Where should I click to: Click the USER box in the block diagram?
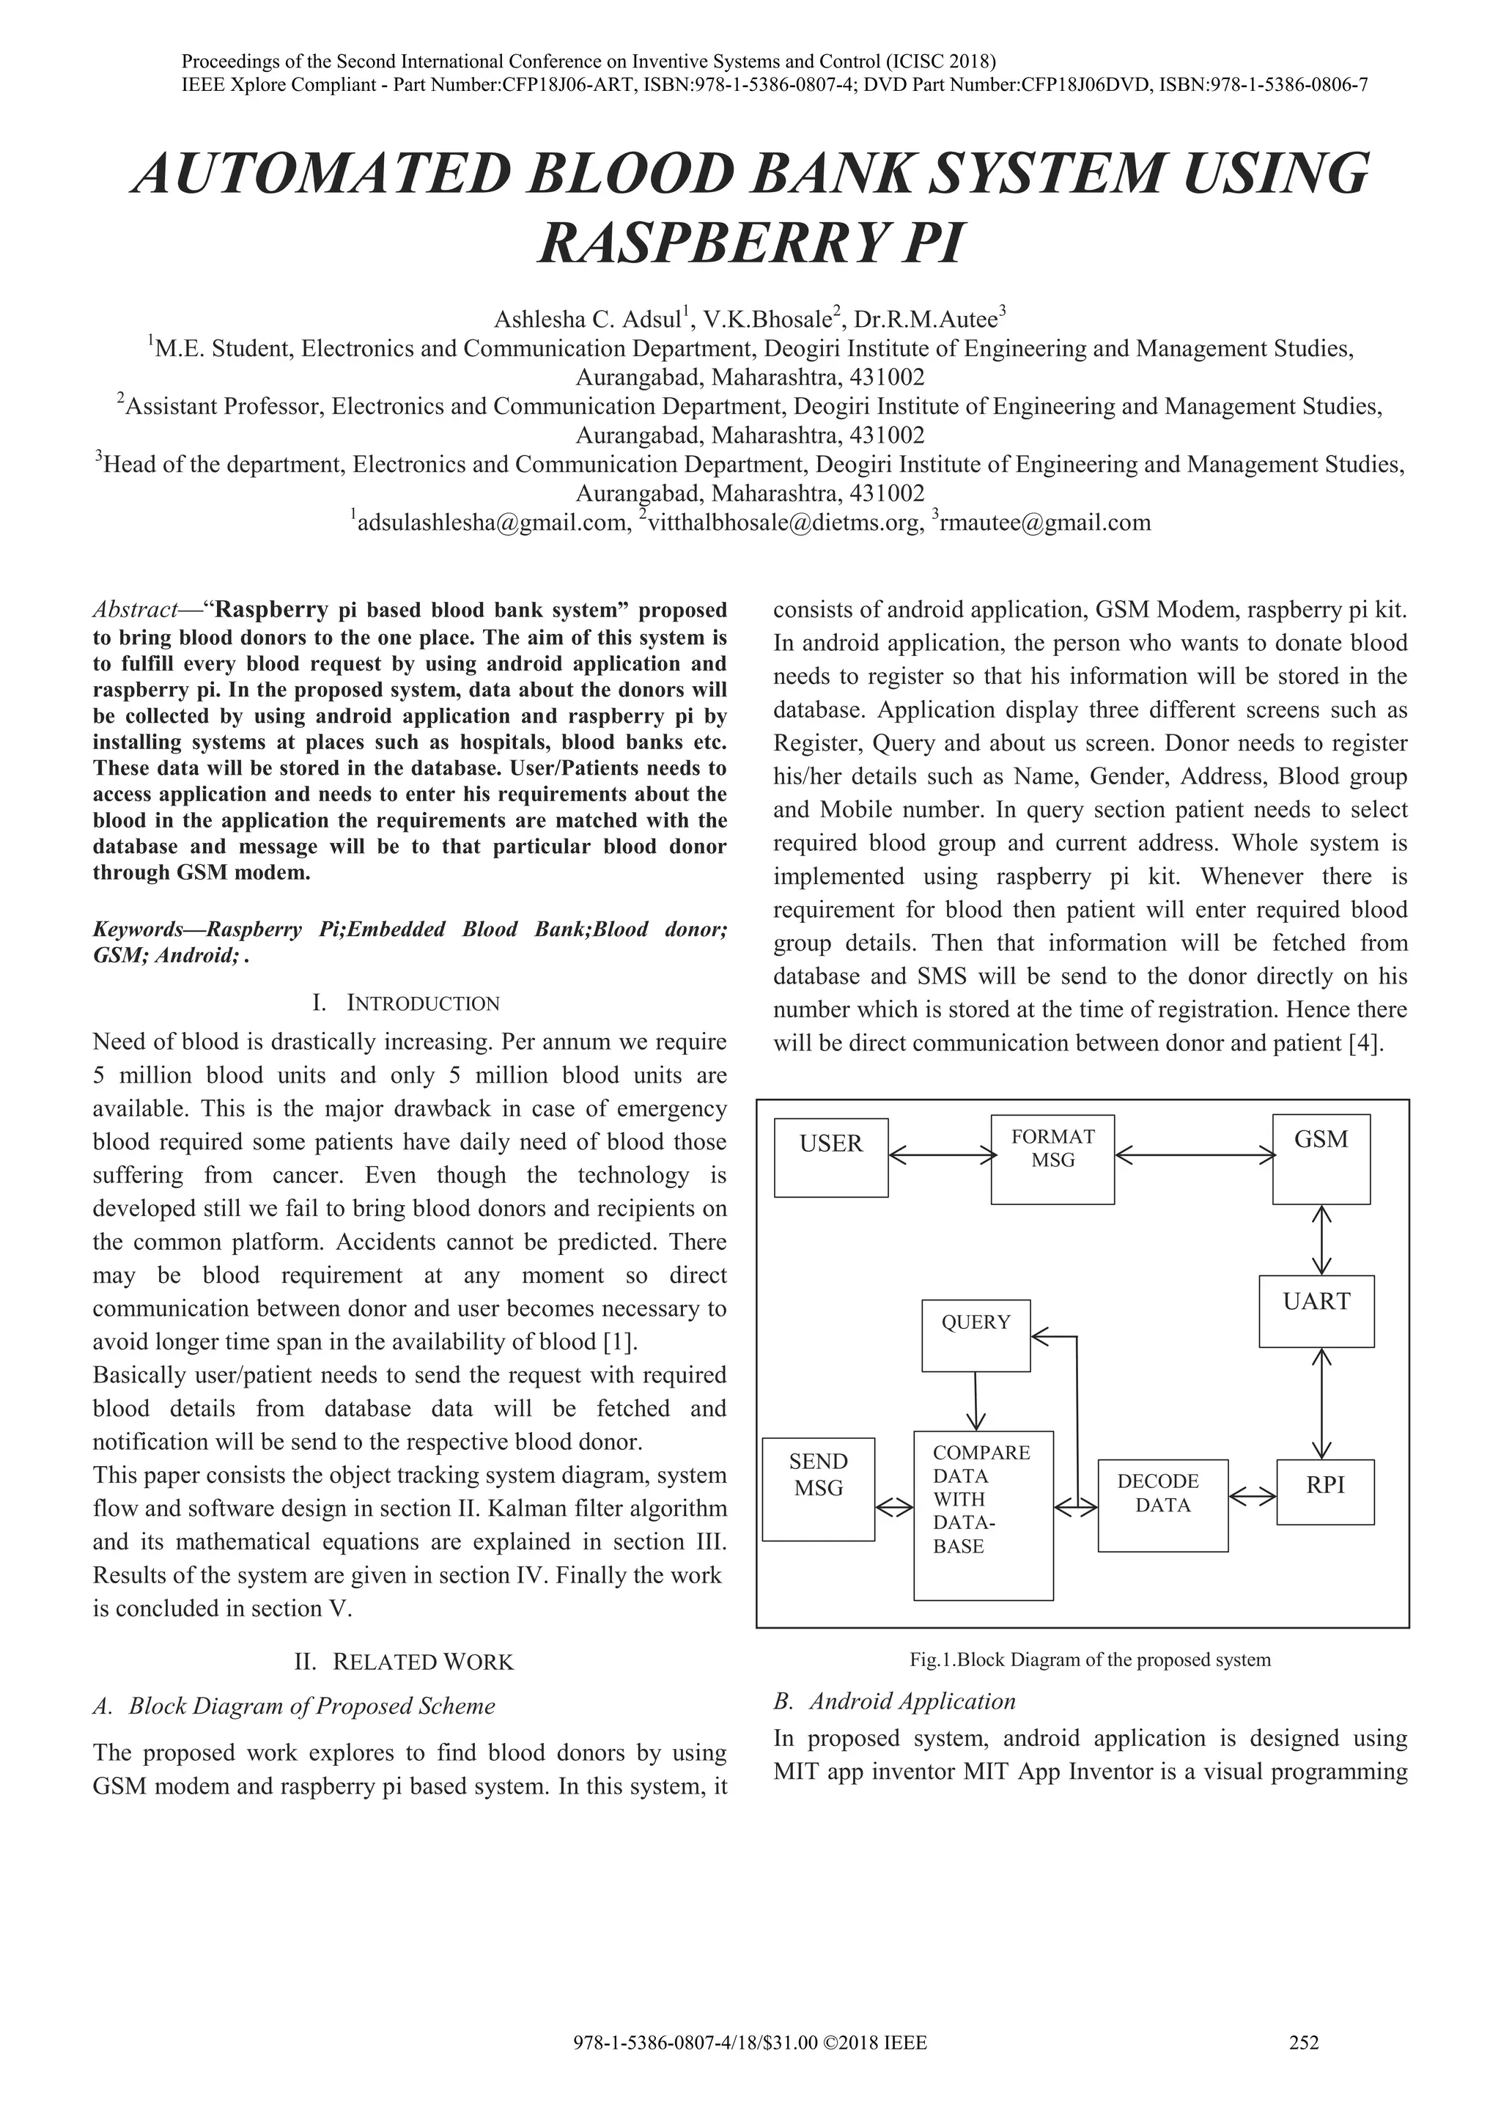click(x=831, y=1157)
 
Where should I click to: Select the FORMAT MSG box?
click(x=1052, y=1159)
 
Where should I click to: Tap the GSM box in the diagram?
click(x=1321, y=1159)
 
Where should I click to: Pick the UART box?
click(x=1316, y=1311)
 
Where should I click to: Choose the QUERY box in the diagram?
click(x=976, y=1336)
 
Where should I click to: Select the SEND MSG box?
click(x=819, y=1489)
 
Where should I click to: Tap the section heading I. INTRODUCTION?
click(x=407, y=1003)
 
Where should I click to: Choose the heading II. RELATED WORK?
click(x=403, y=1662)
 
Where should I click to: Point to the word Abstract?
click(x=135, y=610)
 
